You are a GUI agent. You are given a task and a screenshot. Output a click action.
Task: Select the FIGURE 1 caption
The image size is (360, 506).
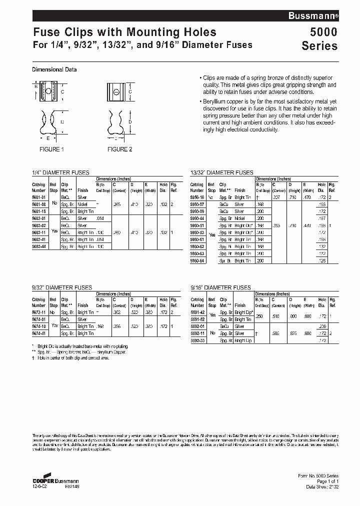click(x=52, y=149)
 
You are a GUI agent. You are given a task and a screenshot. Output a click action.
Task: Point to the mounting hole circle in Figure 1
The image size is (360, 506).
click(x=48, y=92)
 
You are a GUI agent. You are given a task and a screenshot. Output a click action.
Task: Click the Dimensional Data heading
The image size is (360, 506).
click(x=54, y=70)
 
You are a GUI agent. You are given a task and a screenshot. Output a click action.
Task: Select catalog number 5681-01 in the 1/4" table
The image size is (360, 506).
click(x=39, y=197)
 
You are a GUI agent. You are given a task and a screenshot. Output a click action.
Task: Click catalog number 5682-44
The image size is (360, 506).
click(x=39, y=246)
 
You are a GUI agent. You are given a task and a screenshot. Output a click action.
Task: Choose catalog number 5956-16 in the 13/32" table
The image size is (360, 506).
click(x=197, y=197)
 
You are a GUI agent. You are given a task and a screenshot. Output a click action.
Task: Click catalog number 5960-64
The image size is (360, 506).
click(x=197, y=260)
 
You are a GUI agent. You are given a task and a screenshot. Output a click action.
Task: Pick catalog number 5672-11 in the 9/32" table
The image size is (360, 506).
click(x=39, y=312)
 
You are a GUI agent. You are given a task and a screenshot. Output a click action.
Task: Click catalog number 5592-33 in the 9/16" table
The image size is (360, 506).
click(x=197, y=340)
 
